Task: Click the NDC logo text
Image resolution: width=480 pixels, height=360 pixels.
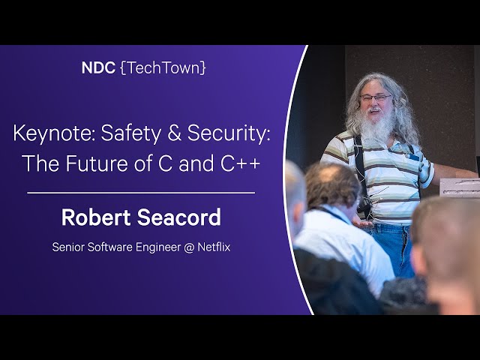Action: pos(98,67)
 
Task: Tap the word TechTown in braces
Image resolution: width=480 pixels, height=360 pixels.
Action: pos(163,68)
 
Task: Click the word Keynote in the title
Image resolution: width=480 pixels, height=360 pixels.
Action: pos(54,133)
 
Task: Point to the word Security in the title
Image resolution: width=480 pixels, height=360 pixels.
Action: pos(228,133)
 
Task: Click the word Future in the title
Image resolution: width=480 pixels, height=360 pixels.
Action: pos(97,163)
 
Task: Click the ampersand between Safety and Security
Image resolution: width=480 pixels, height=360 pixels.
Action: pos(174,133)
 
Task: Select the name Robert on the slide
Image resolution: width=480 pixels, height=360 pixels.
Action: pos(96,217)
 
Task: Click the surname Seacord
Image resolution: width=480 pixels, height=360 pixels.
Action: pos(178,217)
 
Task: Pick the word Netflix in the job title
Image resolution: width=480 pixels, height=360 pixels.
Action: pos(214,247)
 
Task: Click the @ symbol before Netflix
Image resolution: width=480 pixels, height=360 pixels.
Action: pos(189,247)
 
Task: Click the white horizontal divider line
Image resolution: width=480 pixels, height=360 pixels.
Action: pos(141,193)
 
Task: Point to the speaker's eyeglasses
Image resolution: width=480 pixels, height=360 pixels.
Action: pos(375,98)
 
